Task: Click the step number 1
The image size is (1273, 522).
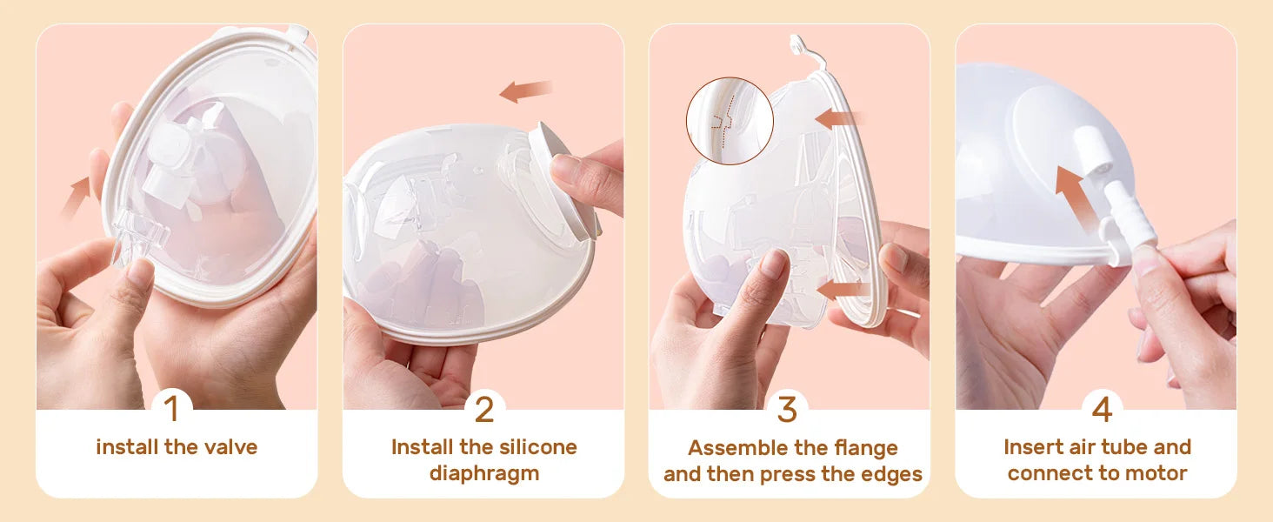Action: pos(171,409)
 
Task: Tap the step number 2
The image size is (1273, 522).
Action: pos(483,409)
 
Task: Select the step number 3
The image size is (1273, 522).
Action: pos(787,409)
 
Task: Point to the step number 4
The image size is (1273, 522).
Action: pos(1100,409)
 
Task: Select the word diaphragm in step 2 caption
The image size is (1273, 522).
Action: pos(483,473)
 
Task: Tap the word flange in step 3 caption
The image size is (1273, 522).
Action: pos(863,448)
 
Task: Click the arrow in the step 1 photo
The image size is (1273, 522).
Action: pos(77,193)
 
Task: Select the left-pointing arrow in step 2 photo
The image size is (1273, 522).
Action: pos(527,90)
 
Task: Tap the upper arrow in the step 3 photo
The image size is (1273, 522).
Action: pos(840,117)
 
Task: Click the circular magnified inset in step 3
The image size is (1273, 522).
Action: pos(730,121)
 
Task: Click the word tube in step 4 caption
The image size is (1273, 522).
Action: pos(1122,447)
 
